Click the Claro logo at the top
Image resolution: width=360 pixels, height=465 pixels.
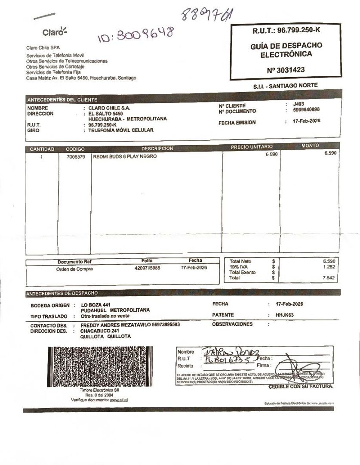55,32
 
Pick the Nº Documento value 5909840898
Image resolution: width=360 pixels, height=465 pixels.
306,110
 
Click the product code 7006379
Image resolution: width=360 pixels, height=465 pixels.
76,157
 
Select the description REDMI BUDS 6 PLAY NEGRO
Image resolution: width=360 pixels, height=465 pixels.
125,157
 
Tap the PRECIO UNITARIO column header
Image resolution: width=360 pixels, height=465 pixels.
252,147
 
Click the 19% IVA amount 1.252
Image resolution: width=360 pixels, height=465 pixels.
329,267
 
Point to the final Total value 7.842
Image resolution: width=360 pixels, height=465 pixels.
329,278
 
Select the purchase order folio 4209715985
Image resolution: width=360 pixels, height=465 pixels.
147,268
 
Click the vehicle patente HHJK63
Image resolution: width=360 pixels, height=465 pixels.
284,315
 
